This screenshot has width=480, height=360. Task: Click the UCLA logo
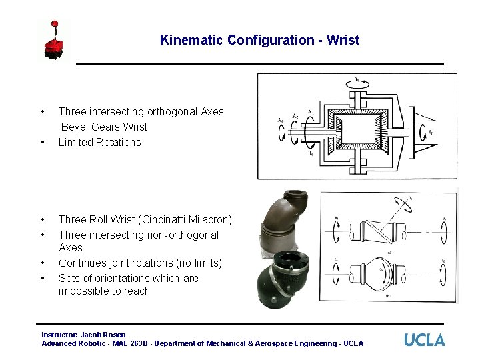tap(424, 340)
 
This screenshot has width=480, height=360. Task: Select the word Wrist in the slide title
tap(343, 40)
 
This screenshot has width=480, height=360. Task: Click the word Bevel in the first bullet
tap(76, 127)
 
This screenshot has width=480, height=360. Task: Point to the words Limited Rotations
tap(99, 142)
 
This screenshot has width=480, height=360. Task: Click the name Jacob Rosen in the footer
tap(103, 334)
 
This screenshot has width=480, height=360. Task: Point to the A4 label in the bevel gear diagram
tap(280, 120)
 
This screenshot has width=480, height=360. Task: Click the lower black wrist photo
tap(285, 277)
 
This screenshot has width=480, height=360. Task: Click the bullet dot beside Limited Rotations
tap(43, 142)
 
